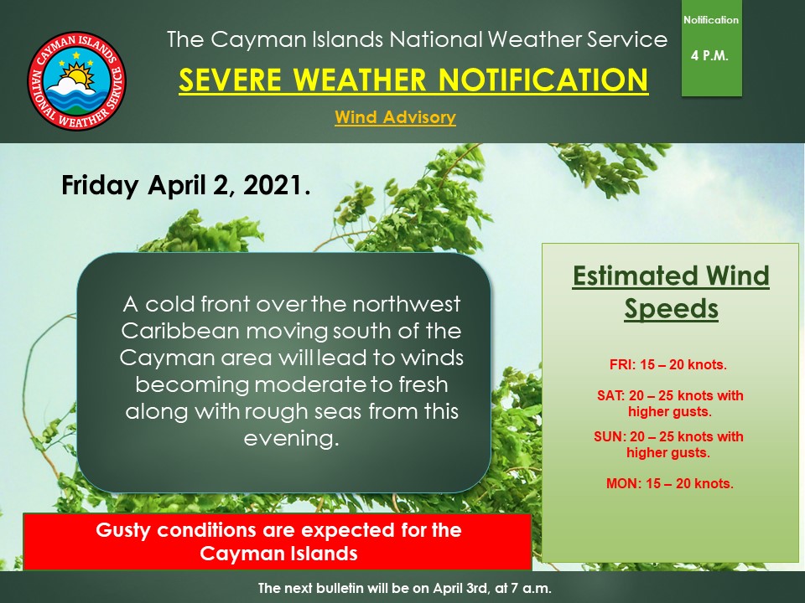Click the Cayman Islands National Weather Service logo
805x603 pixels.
(76, 80)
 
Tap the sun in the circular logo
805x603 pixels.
(80, 75)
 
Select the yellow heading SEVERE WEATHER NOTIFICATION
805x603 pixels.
(413, 80)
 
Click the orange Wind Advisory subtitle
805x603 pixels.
(395, 117)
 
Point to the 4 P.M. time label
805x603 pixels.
(710, 56)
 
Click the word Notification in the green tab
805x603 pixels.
(711, 20)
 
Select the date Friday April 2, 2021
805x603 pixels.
(186, 185)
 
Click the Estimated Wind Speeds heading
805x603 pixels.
(671, 291)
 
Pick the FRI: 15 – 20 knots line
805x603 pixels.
(668, 365)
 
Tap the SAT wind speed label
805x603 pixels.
(670, 404)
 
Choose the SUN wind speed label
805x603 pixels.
(668, 445)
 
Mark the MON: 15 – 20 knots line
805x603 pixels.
(669, 483)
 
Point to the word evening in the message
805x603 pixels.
(291, 438)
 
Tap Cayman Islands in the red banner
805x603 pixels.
(278, 554)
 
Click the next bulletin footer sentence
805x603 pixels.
(404, 588)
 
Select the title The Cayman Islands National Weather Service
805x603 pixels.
(417, 39)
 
